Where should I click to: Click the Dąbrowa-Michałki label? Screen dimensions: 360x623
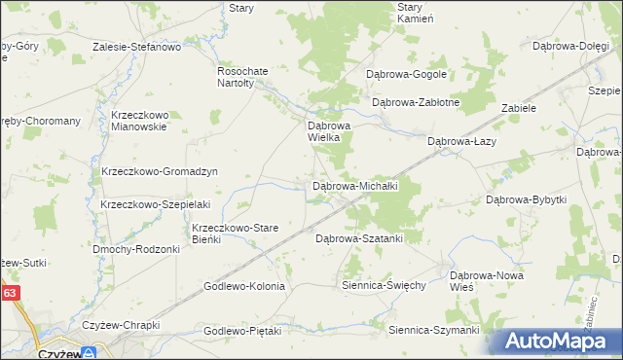(x=360, y=186)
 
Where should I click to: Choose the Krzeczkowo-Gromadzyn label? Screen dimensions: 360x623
(x=159, y=171)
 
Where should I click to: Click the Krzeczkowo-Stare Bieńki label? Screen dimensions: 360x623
(x=235, y=234)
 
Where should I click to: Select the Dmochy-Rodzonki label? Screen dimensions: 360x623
(x=136, y=249)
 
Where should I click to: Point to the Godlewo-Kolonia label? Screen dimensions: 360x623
(x=243, y=286)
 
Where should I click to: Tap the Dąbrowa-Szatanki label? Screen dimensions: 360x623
(x=359, y=237)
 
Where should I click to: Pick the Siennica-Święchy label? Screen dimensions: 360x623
(x=384, y=285)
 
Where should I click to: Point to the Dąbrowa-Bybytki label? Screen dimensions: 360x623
(x=526, y=199)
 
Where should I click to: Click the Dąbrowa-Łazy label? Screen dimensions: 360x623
(x=463, y=141)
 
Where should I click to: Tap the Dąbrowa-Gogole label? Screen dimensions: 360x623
(x=406, y=74)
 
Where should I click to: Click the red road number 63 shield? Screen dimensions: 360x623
(x=9, y=291)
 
